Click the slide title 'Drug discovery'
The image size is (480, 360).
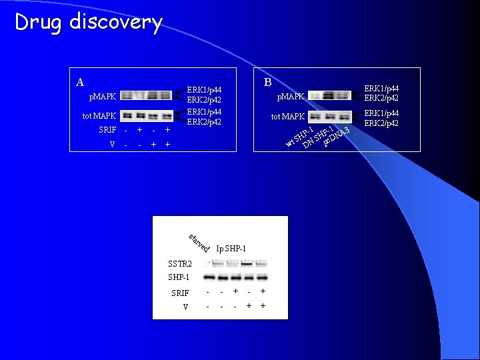tap(89, 22)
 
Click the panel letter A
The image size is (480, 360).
tap(80, 83)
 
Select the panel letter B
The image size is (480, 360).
tap(267, 82)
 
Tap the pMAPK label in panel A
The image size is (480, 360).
tap(103, 97)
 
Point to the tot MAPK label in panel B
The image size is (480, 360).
tap(287, 117)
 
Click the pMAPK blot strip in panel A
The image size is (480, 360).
tap(147, 95)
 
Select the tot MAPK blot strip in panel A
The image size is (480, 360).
tap(147, 115)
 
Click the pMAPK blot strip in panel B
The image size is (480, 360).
tap(329, 96)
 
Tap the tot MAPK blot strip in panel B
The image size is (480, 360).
tap(329, 116)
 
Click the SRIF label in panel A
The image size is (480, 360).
tap(107, 130)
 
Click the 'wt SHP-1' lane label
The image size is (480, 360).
tap(299, 135)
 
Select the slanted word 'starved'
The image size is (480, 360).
tap(199, 243)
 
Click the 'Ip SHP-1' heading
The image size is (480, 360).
tap(231, 249)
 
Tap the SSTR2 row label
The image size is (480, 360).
tap(179, 265)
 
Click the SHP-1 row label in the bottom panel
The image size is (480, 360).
tap(179, 277)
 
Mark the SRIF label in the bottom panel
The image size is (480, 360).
tap(180, 293)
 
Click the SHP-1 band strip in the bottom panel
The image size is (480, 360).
tap(235, 277)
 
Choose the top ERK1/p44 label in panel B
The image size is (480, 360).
tap(381, 89)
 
